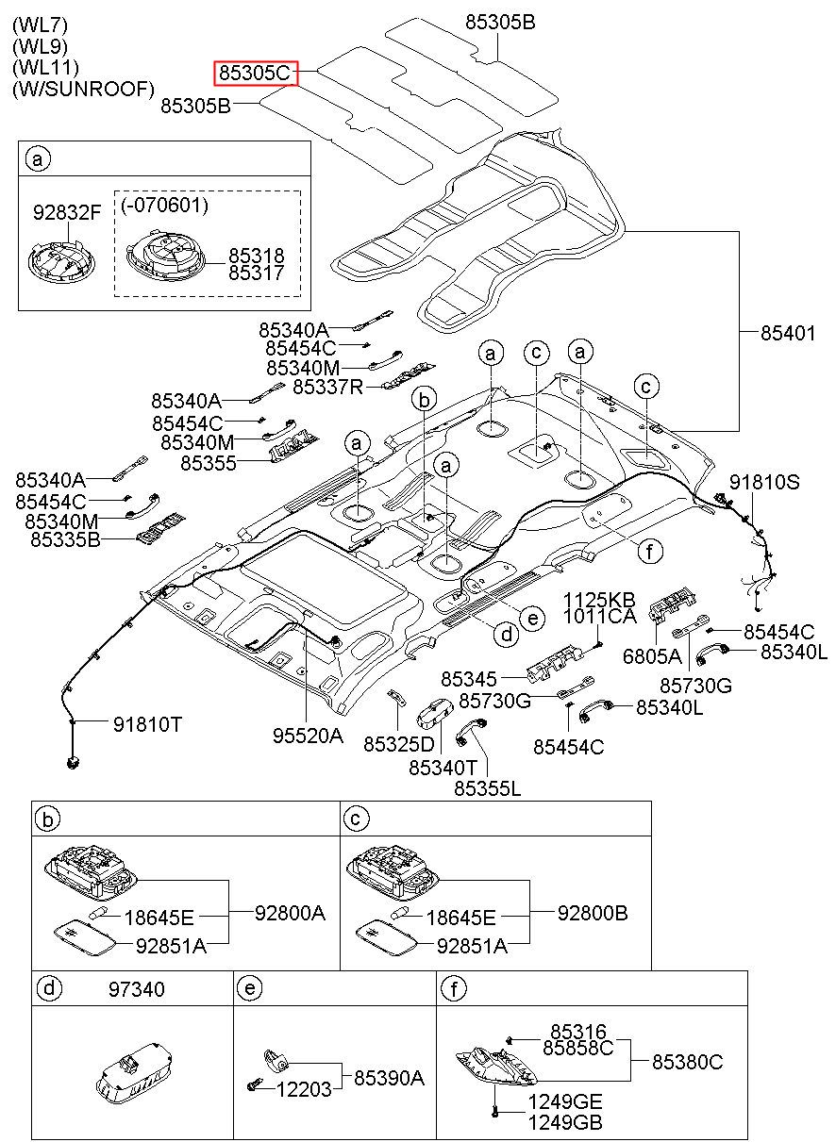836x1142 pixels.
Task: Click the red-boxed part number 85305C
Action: click(x=255, y=73)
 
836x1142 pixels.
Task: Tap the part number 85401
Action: click(x=788, y=333)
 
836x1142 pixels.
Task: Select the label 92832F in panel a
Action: click(x=67, y=212)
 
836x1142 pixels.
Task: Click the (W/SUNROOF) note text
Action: click(x=83, y=89)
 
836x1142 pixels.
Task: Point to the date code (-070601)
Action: click(x=165, y=205)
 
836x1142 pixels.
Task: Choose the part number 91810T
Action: click(x=147, y=724)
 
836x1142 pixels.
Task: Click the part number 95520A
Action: click(x=309, y=736)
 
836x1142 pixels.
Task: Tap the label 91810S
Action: click(x=764, y=482)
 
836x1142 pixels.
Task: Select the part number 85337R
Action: click(x=328, y=388)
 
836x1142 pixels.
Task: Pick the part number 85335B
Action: click(x=66, y=539)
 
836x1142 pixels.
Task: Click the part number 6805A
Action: click(x=652, y=656)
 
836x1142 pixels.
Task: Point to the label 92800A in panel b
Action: click(x=291, y=913)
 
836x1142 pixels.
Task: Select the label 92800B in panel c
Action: click(x=593, y=913)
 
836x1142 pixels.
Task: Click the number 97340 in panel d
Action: click(x=137, y=989)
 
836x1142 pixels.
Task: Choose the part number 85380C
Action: click(x=688, y=1062)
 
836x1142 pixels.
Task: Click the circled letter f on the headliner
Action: click(x=650, y=551)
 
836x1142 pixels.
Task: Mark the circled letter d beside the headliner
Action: click(x=507, y=635)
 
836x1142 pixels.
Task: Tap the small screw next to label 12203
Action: click(x=253, y=1086)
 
